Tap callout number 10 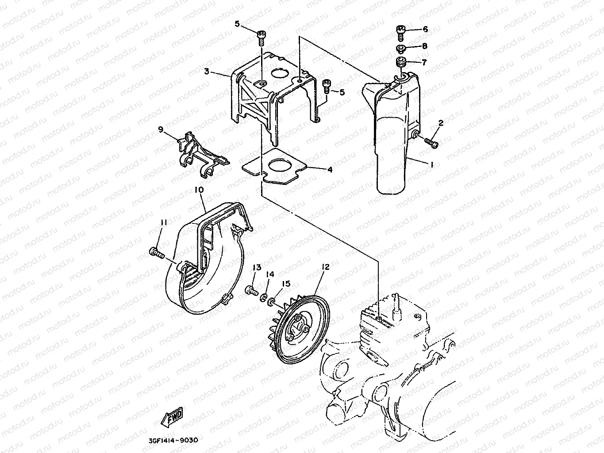[199, 190]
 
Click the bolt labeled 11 [156, 253]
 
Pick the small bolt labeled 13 [251, 290]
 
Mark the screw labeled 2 [431, 143]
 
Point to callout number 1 [432, 165]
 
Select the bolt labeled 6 [400, 30]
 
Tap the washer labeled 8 [400, 47]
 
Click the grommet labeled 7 [401, 61]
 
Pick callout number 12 [325, 267]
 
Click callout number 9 [160, 129]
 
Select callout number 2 [441, 123]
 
